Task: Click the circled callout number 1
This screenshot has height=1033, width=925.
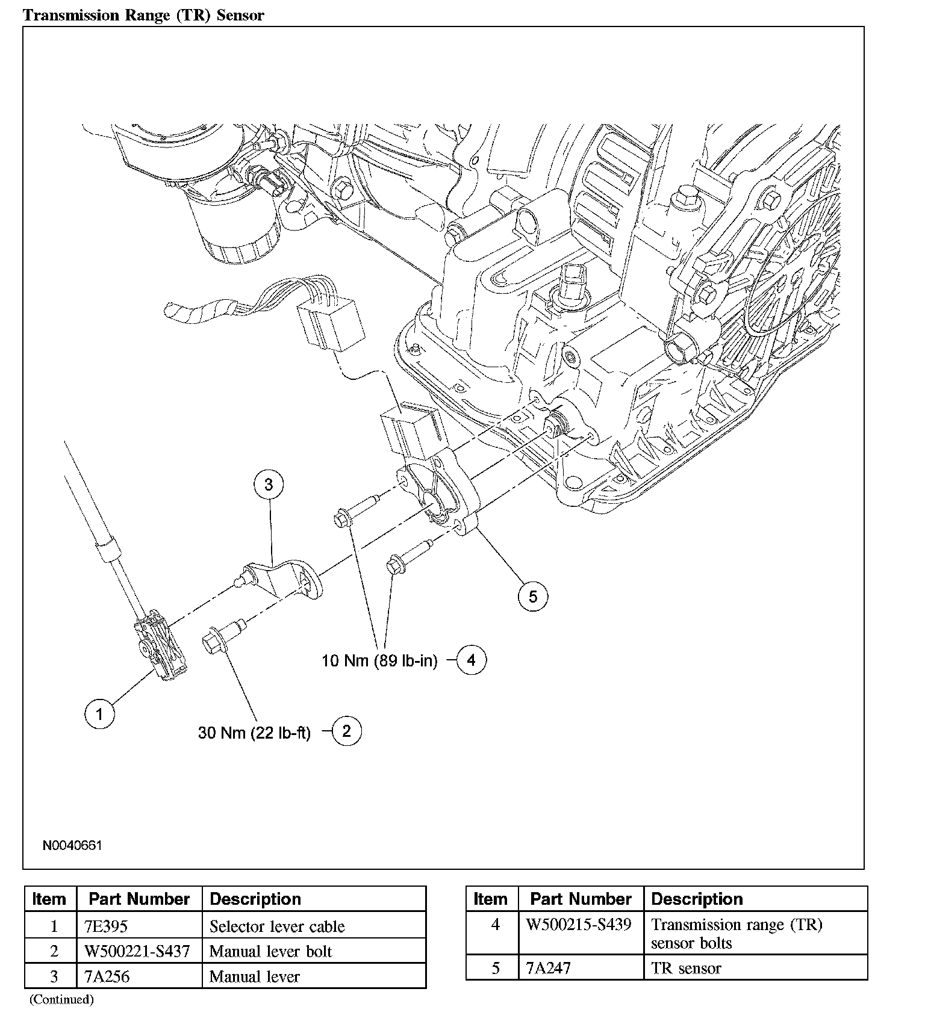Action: [99, 714]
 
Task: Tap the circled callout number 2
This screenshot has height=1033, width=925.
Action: [346, 731]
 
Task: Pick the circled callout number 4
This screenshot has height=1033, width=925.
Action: [471, 660]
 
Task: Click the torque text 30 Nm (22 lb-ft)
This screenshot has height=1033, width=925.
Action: [254, 733]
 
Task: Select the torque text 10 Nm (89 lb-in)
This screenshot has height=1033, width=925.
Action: [379, 660]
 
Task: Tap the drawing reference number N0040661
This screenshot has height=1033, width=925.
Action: [72, 845]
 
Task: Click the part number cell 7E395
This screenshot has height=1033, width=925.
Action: [106, 926]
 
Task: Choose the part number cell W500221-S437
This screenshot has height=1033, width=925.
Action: [138, 951]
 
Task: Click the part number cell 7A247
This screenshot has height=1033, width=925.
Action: [547, 968]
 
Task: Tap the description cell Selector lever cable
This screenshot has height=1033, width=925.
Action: [277, 926]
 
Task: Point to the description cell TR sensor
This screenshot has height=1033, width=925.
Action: [686, 968]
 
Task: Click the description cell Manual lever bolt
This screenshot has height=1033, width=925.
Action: [270, 951]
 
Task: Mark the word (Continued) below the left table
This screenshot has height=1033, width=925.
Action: [61, 999]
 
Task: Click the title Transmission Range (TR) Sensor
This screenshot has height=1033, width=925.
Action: [143, 15]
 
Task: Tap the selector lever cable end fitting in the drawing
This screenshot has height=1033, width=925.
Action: [160, 647]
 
